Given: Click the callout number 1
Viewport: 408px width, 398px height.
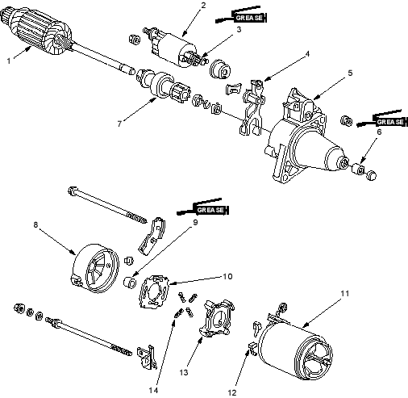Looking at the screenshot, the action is (9, 61).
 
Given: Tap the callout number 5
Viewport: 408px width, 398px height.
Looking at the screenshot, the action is (350, 73).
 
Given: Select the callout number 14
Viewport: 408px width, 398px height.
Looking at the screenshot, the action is (153, 390).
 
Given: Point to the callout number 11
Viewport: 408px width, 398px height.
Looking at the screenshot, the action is (345, 293).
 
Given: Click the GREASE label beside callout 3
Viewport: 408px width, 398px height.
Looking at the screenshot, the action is (249, 18).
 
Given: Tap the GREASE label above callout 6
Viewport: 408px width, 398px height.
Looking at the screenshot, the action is (390, 122).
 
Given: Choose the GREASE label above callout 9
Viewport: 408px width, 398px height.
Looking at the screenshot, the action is (210, 210).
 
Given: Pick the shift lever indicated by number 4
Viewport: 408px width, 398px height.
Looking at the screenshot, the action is (252, 107).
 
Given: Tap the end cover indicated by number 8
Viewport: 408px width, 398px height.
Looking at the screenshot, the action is (95, 268).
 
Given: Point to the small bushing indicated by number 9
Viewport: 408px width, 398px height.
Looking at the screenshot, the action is (130, 283).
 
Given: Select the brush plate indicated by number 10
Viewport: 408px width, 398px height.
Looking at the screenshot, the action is (154, 291).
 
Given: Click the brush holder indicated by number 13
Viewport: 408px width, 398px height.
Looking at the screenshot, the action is (216, 318).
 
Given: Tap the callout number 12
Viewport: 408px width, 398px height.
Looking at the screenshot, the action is (232, 392).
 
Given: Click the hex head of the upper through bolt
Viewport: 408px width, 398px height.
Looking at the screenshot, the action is (72, 191).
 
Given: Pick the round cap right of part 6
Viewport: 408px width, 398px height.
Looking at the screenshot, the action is (371, 175).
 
